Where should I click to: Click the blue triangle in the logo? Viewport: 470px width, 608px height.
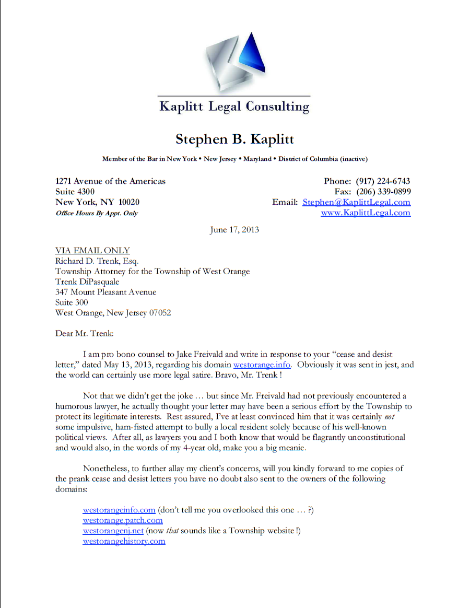253,55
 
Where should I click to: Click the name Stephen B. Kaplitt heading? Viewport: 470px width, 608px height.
234,139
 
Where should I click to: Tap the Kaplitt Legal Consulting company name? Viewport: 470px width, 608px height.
234,107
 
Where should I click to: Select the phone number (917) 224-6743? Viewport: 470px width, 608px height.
383,181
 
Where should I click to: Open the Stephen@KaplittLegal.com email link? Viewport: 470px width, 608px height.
356,202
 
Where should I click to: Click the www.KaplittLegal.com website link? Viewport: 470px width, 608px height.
365,213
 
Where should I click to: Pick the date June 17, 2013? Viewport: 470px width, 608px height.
234,230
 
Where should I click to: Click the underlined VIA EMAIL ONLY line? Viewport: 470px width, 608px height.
92,251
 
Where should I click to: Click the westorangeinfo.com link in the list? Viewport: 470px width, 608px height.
119,510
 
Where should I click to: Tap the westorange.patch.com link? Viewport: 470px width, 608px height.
123,520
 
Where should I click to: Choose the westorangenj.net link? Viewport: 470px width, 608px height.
113,531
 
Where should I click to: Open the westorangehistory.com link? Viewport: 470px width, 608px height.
124,541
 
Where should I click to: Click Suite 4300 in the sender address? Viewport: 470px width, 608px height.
75,192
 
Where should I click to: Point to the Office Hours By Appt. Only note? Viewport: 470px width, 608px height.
97,213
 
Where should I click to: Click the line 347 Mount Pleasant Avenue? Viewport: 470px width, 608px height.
105,292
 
